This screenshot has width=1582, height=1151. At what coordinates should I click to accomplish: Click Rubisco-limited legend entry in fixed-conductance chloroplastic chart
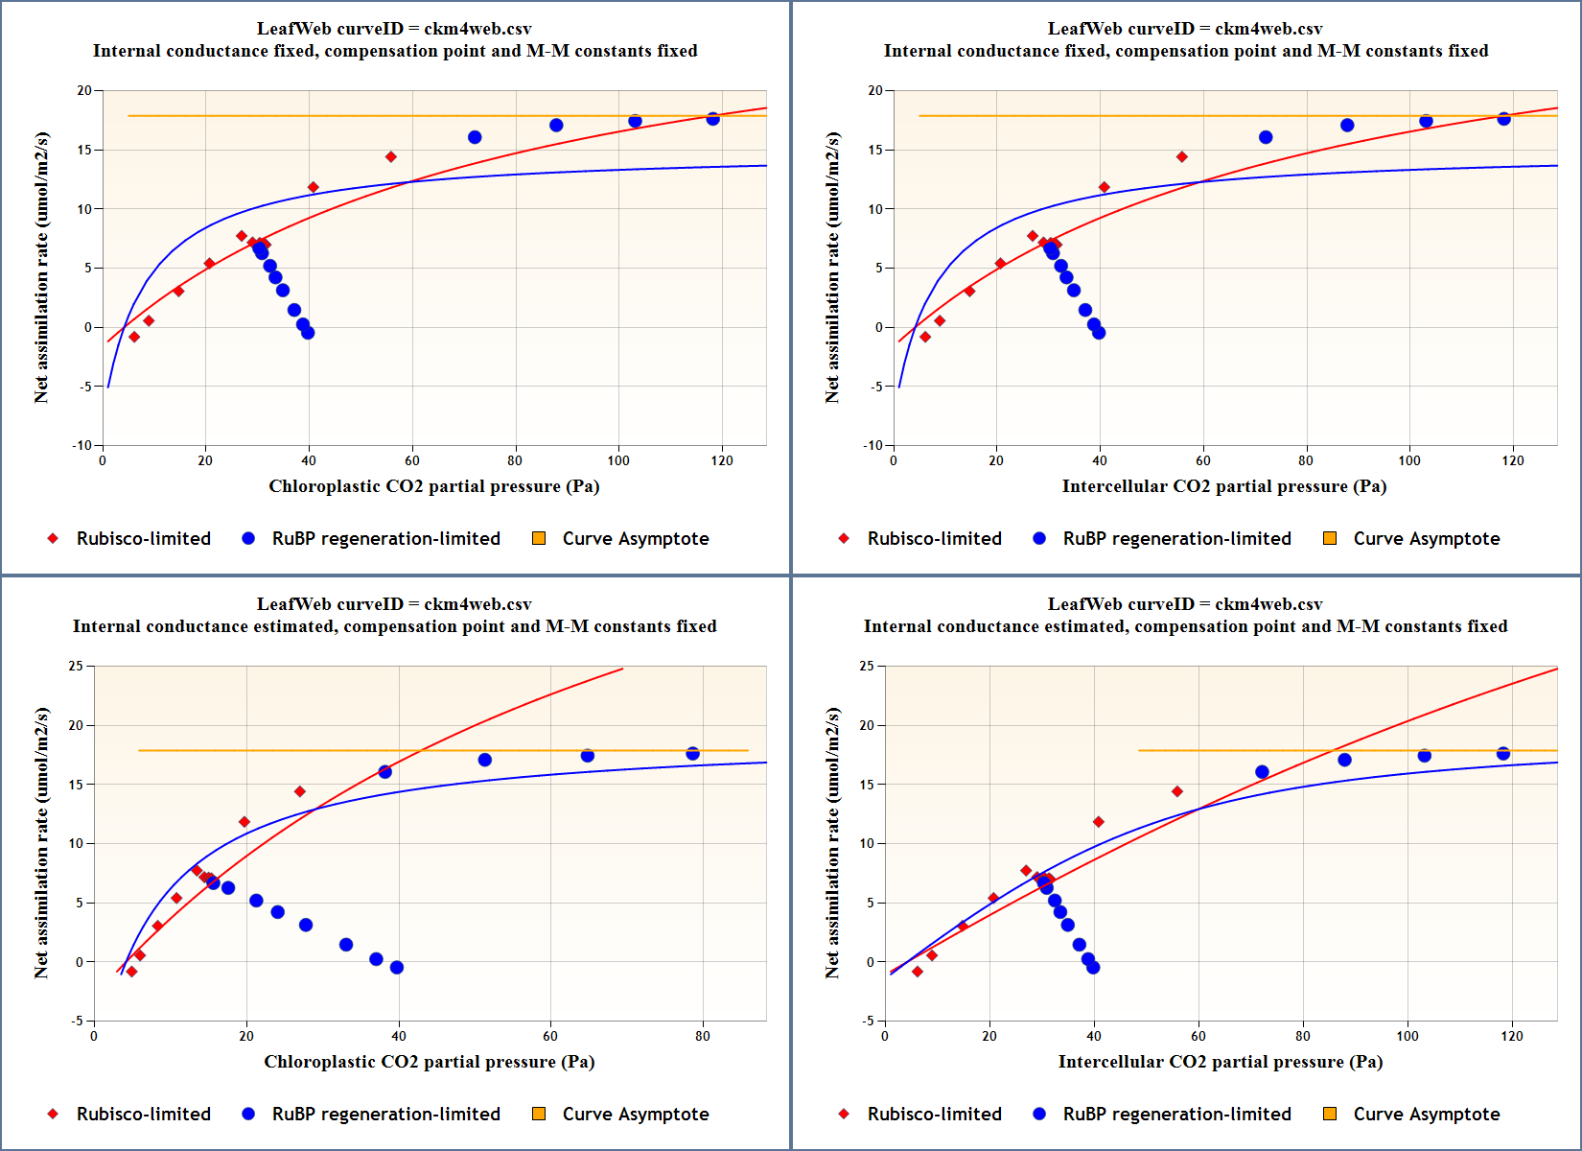click(x=143, y=539)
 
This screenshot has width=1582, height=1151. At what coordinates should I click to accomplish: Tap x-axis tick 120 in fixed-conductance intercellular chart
click(x=1512, y=460)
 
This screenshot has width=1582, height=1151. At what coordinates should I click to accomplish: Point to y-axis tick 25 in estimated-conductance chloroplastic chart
click(x=76, y=666)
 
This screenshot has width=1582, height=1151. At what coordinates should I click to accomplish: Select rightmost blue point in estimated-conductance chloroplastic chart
click(x=692, y=754)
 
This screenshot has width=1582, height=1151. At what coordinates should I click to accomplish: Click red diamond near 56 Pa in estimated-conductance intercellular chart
click(x=1177, y=791)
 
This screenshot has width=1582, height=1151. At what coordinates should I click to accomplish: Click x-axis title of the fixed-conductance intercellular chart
click(x=1223, y=486)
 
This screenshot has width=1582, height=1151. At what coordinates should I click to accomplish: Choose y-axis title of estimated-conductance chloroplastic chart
click(x=41, y=843)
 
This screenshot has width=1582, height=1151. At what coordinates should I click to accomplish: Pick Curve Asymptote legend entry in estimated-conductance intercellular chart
click(x=1426, y=1115)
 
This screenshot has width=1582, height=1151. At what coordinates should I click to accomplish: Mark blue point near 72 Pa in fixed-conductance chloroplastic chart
click(x=475, y=137)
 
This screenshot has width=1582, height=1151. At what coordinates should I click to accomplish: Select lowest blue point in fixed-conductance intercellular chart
click(x=1099, y=333)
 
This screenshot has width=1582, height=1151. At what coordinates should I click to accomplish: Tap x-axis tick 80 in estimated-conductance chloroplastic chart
click(x=703, y=1036)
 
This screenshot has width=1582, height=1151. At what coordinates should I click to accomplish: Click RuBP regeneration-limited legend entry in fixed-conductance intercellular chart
click(x=1176, y=539)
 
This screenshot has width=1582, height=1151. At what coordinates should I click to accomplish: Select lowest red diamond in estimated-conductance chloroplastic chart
click(x=131, y=972)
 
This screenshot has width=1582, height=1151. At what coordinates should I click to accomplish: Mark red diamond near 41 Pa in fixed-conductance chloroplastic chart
click(x=313, y=187)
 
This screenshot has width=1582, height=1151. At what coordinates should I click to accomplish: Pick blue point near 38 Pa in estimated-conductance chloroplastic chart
click(x=385, y=772)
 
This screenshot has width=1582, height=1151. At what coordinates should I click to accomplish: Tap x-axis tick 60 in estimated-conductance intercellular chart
click(x=1198, y=1036)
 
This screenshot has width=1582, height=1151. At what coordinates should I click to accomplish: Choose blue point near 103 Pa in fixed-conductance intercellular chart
click(x=1426, y=121)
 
